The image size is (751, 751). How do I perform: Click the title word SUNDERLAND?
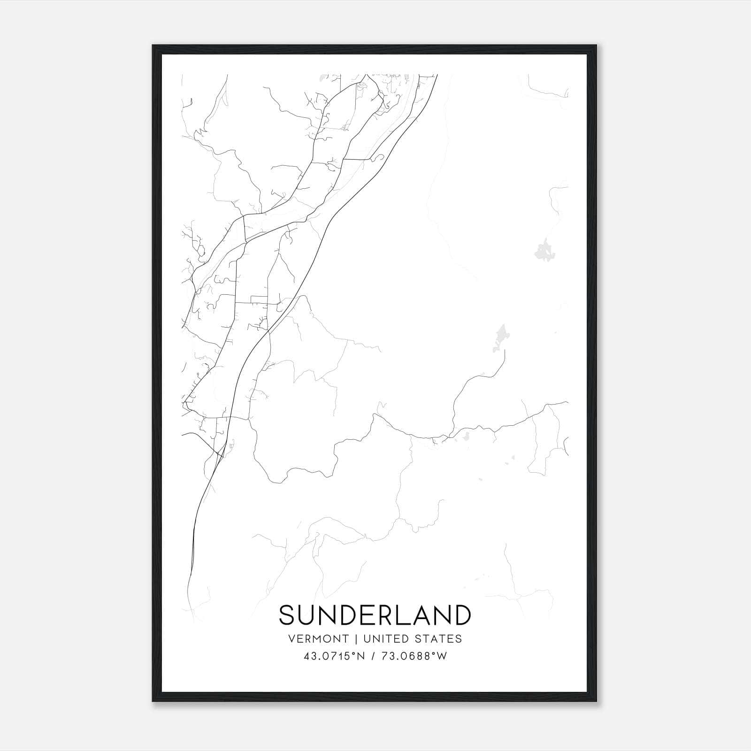[375, 615]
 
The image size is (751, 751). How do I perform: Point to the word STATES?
[439, 639]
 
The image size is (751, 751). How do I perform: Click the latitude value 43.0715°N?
[334, 656]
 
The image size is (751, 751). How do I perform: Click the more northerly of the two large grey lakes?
[544, 250]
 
